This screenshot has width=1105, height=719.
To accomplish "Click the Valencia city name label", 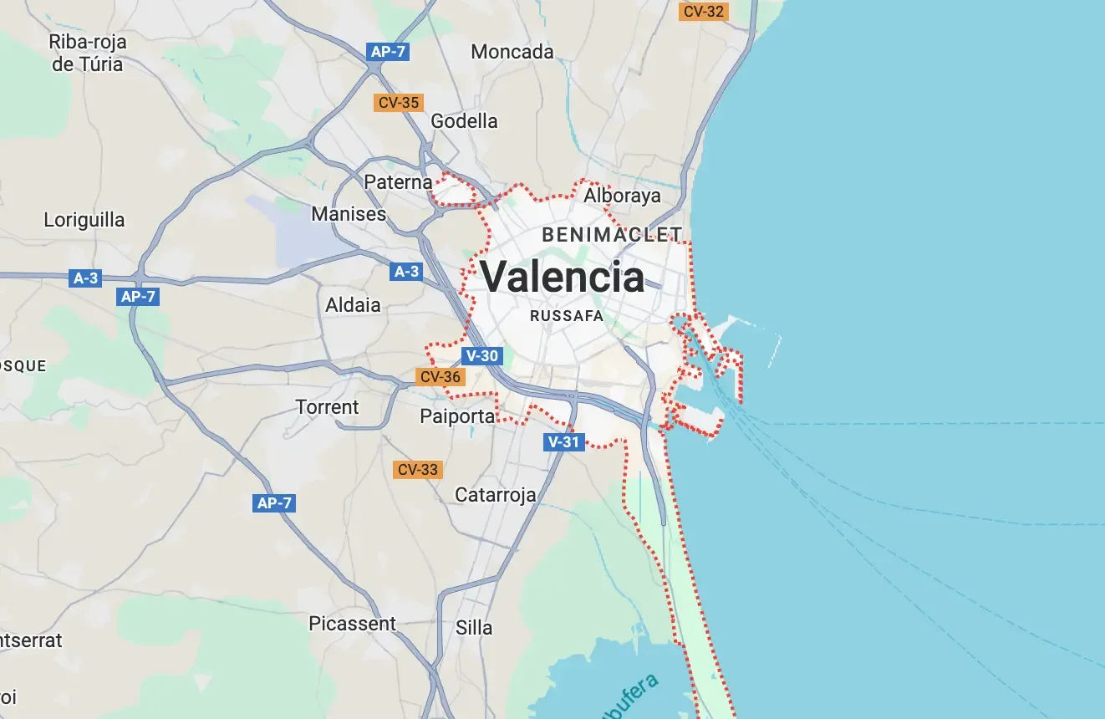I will (x=562, y=277).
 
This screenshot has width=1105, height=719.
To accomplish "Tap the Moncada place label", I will (x=512, y=52).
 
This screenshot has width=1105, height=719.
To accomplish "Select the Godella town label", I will (x=464, y=121).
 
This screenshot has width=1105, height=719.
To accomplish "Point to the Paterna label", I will (x=398, y=181).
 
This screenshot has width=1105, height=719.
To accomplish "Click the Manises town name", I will (x=349, y=214).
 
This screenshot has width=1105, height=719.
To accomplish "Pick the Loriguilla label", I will (x=84, y=221).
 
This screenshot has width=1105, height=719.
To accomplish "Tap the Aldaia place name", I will (x=353, y=305).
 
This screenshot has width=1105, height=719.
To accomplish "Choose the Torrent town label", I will (x=327, y=407).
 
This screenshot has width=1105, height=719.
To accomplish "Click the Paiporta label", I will (x=457, y=416).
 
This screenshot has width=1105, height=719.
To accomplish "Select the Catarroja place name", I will (x=495, y=495).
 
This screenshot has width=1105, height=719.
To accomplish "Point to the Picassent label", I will (x=352, y=624).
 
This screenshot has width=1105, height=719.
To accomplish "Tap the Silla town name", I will (x=474, y=628).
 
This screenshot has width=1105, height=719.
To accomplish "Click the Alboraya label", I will (x=622, y=196).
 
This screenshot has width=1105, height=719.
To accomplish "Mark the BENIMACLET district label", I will (x=612, y=235).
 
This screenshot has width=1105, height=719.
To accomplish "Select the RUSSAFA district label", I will (x=567, y=316).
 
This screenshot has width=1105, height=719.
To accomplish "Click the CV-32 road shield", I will (x=704, y=12).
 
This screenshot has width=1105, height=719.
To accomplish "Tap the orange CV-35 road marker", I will (x=399, y=103).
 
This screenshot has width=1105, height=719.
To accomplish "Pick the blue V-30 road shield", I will (x=482, y=356).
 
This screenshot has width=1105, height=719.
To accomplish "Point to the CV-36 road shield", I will (x=440, y=377).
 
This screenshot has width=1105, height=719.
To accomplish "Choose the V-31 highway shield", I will (x=563, y=442).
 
